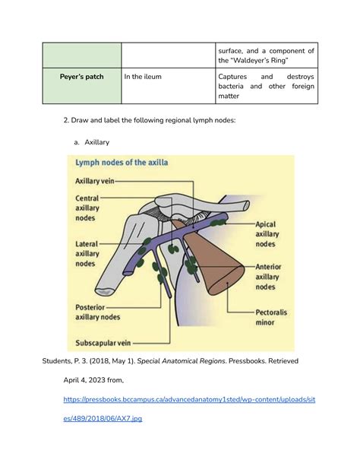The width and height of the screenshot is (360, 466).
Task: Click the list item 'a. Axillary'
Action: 90,141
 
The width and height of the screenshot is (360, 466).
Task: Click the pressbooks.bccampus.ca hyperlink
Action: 191,419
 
